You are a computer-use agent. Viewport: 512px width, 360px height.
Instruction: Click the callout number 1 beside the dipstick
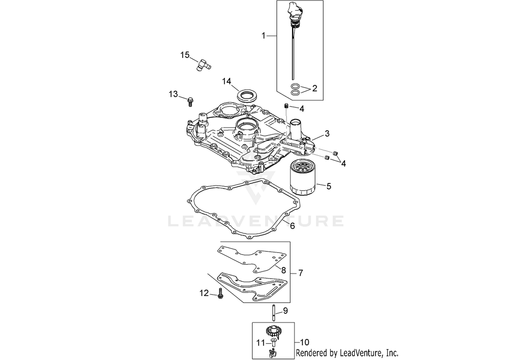[264, 36]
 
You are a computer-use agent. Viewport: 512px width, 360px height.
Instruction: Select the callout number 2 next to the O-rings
[315, 88]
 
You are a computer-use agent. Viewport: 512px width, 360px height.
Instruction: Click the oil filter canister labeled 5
[303, 178]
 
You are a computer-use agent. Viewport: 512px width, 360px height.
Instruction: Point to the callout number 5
[329, 186]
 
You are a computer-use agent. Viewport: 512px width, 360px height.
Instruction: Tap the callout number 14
[227, 81]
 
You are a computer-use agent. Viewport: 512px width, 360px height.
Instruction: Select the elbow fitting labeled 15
[44, 65]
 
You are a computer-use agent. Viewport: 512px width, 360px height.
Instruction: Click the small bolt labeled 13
[190, 102]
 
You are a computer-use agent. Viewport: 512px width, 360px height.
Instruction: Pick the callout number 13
[173, 94]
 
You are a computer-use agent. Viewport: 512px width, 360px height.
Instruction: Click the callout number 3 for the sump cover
[327, 134]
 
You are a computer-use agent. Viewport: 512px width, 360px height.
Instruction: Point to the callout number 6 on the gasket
[292, 226]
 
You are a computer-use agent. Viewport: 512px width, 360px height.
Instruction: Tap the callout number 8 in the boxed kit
[283, 270]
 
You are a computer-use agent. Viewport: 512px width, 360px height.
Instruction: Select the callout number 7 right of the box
[301, 273]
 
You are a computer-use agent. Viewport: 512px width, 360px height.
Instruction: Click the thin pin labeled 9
[274, 313]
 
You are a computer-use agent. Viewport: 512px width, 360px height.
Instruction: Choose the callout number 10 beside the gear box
[304, 342]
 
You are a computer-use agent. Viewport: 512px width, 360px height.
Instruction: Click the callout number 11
[260, 343]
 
